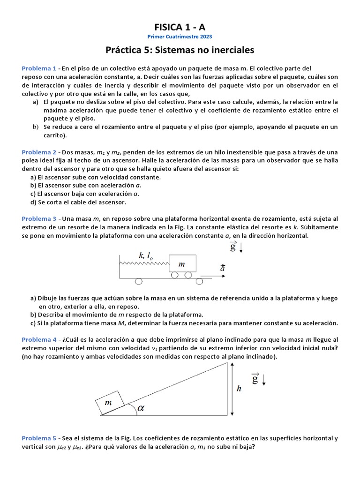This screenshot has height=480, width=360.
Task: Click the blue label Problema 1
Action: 38,68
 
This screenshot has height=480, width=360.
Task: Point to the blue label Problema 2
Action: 38,152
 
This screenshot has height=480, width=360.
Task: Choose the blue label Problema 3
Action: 38,219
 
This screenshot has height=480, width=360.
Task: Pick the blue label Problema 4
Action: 38,339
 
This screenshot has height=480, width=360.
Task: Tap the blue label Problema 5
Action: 38,438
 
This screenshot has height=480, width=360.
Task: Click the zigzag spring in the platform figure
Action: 144,264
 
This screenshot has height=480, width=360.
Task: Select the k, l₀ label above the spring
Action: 146,255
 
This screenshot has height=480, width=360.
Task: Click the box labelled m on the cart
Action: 182,264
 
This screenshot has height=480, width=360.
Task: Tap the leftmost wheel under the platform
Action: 139,281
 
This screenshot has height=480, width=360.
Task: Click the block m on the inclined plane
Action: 110,403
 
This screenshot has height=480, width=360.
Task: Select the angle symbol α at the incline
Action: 141,408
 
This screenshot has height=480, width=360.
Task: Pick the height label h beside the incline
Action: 239,389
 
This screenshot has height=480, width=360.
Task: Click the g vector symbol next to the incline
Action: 255,378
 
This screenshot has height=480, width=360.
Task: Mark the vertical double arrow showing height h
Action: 231,389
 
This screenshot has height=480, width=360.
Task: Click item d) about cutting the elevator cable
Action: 78,202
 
